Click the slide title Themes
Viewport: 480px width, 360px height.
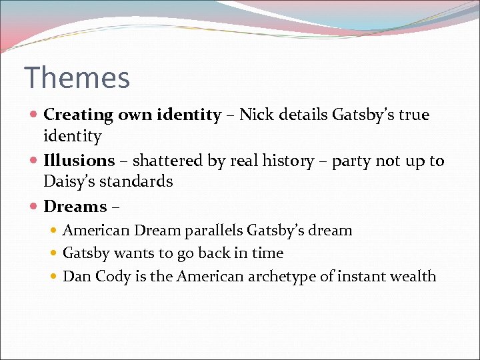(x=77, y=78)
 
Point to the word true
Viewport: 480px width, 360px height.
(x=414, y=115)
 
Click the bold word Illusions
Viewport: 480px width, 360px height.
(x=79, y=161)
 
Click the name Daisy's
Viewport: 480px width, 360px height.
(x=70, y=181)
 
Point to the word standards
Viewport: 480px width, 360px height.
(x=137, y=181)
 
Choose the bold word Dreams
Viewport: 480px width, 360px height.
(x=75, y=207)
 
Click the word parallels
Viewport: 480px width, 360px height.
(x=211, y=231)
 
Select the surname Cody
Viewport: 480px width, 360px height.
(x=110, y=277)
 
